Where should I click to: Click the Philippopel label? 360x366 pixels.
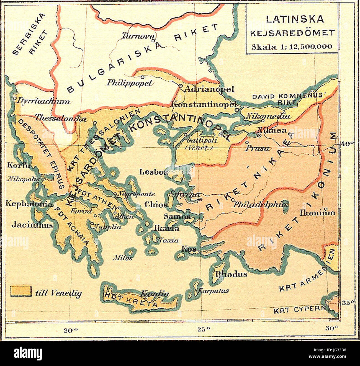click(x=130, y=83)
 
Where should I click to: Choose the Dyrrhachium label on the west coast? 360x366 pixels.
click(x=43, y=102)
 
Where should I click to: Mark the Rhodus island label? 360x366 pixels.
click(x=231, y=274)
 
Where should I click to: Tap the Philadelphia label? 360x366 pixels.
click(x=259, y=204)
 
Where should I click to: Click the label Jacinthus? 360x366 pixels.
click(x=32, y=225)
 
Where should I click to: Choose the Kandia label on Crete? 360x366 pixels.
click(x=155, y=293)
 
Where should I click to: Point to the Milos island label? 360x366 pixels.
click(x=122, y=258)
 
